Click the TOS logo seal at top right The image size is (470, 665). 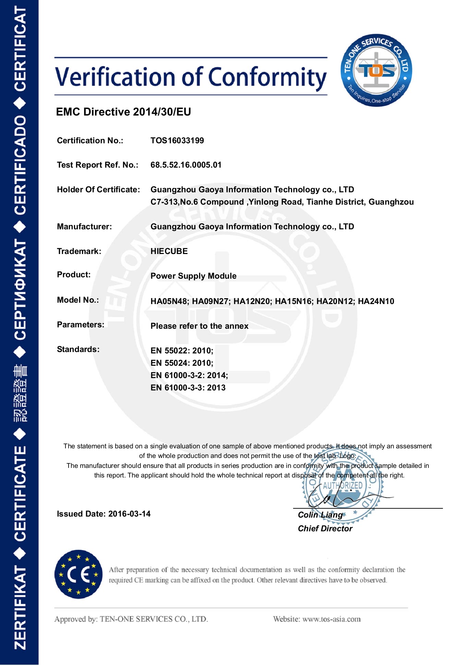[376, 70]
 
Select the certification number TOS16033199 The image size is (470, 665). [177, 141]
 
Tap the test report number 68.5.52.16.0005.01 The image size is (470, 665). [186, 165]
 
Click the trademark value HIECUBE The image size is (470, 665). [169, 251]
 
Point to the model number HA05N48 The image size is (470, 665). [169, 301]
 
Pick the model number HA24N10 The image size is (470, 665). [376, 301]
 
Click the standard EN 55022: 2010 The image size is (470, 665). [182, 351]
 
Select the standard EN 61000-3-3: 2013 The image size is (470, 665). [188, 388]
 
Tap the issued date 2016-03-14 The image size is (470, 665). [129, 514]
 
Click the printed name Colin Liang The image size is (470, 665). [320, 515]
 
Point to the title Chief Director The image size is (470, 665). [325, 529]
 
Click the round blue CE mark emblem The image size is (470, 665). [79, 575]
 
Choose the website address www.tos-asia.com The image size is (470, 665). [332, 619]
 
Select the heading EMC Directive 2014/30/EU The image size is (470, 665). [123, 112]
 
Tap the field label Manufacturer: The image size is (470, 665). [84, 227]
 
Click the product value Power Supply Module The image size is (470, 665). [193, 276]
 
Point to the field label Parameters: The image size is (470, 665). [81, 325]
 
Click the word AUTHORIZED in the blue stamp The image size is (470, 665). [342, 485]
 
